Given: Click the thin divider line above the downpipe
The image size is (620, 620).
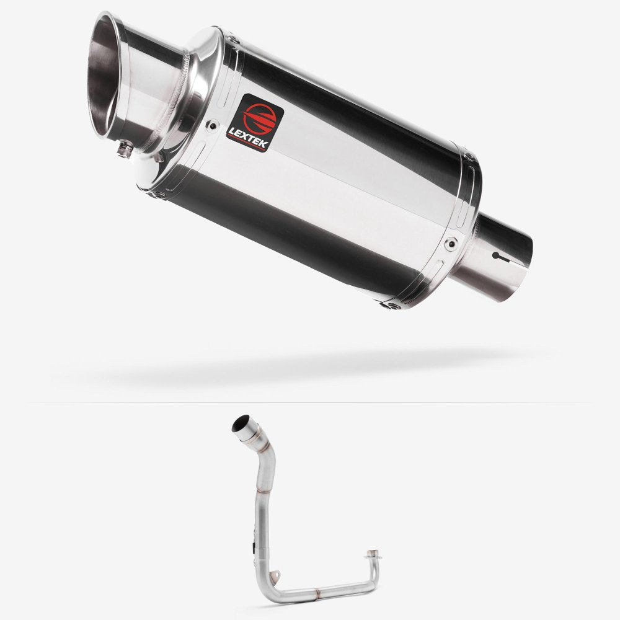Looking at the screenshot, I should pos(310,403).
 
